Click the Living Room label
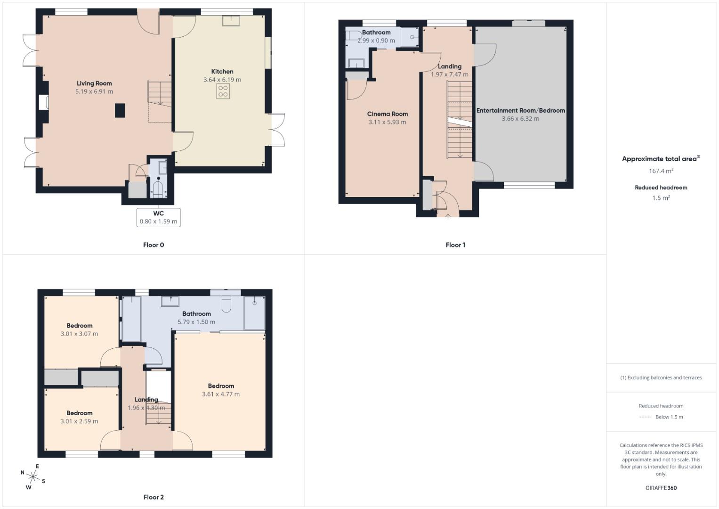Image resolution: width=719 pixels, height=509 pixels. point(94,83)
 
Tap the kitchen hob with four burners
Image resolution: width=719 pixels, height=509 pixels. point(223,91)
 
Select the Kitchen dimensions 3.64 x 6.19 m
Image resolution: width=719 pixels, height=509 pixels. point(222,80)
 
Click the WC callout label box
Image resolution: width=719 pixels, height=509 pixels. point(159,217)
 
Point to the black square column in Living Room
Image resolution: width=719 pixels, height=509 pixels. point(121,110)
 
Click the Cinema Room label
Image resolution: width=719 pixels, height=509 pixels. point(388,114)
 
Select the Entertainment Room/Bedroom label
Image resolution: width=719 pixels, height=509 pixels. point(520,110)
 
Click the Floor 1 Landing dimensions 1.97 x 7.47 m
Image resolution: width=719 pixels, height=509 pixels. point(450,74)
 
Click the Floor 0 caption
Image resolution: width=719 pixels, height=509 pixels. point(153,245)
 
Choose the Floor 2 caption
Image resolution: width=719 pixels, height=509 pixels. point(153,497)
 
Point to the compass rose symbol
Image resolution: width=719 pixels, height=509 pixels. point(32,477)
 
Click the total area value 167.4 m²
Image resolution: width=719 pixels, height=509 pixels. point(661,171)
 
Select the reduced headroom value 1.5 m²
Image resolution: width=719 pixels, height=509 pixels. point(661,198)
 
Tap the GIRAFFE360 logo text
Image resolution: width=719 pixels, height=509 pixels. point(661,488)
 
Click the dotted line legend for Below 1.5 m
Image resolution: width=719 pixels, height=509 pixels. point(645,417)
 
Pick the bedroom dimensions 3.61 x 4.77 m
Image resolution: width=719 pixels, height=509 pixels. point(221,394)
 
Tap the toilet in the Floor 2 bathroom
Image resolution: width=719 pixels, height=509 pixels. point(226,304)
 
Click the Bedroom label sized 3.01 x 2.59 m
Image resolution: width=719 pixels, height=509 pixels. point(79,413)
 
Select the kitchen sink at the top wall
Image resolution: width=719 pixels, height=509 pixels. point(231,20)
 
